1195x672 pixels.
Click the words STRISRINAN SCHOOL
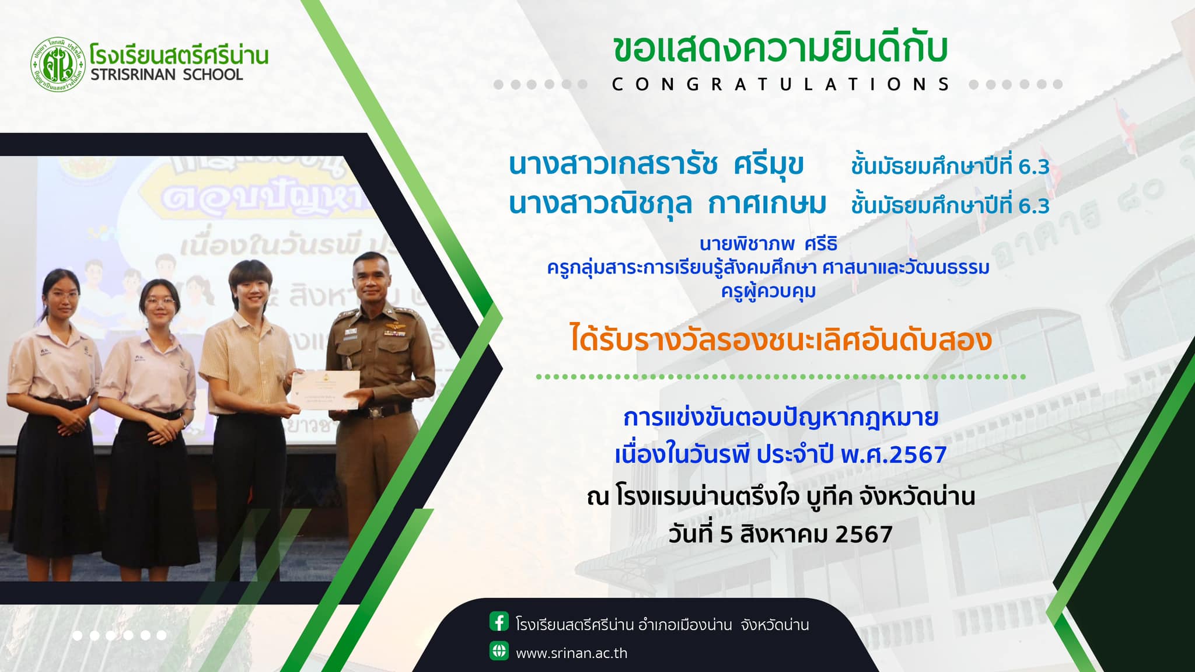pyautogui.click(x=167, y=75)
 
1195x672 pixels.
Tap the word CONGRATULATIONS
pyautogui.click(x=781, y=85)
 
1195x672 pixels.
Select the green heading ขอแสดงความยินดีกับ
pyautogui.click(x=781, y=49)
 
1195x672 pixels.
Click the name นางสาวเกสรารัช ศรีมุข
pyautogui.click(x=656, y=165)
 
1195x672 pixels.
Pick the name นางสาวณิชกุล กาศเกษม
pyautogui.click(x=668, y=204)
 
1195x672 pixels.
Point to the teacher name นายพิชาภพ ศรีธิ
pyautogui.click(x=768, y=244)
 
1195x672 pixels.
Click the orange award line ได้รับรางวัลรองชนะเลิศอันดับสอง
pyautogui.click(x=781, y=340)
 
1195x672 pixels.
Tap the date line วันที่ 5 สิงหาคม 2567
pyautogui.click(x=781, y=534)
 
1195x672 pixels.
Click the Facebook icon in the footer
pyautogui.click(x=499, y=622)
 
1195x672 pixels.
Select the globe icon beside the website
pyautogui.click(x=499, y=651)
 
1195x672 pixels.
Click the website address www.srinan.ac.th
pyautogui.click(x=571, y=653)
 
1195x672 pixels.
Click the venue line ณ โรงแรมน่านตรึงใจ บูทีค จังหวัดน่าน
pyautogui.click(x=781, y=497)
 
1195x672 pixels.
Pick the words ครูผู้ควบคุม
pyautogui.click(x=768, y=290)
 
